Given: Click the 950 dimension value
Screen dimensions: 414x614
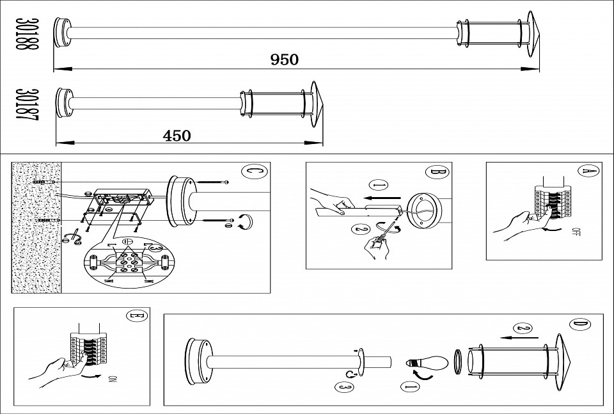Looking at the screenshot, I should coord(285,60).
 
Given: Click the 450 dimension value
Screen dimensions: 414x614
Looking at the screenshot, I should coord(177,135).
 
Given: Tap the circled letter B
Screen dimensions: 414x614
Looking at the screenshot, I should coord(436,172).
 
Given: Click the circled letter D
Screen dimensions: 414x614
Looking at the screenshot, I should coord(579,325).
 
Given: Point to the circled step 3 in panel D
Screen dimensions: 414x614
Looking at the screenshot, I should coord(342,386).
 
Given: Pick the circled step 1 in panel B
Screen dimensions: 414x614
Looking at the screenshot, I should coord(379,186).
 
